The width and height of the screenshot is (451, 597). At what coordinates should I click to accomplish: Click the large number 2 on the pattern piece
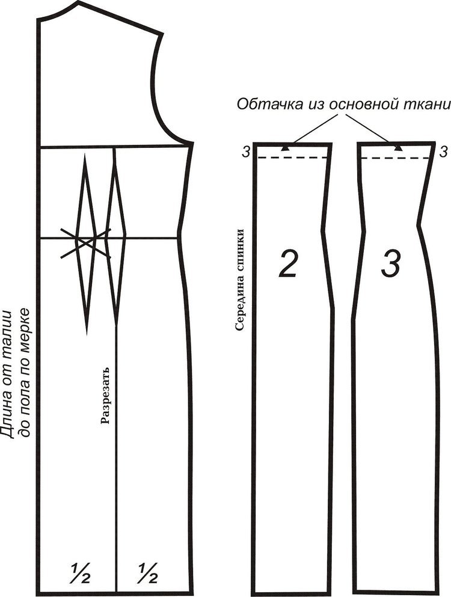point(287,263)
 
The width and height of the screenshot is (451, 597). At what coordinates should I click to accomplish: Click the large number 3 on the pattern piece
point(391,263)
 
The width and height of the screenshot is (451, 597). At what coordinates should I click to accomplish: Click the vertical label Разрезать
point(105,395)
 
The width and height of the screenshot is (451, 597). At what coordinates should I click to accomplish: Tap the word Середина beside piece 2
point(239,301)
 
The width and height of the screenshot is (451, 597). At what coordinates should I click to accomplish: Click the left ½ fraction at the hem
point(81,574)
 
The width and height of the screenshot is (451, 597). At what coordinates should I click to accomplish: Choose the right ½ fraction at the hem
point(148,574)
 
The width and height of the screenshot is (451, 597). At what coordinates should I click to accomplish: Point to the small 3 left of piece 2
point(246,153)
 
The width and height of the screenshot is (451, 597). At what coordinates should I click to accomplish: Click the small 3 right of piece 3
point(443,152)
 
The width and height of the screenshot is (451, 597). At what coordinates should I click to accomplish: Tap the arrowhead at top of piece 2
point(284,148)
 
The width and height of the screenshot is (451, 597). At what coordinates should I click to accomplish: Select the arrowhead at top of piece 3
point(398,148)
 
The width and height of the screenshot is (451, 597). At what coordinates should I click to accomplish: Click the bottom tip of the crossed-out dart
point(87,334)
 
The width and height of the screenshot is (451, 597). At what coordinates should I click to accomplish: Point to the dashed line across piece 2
point(292,158)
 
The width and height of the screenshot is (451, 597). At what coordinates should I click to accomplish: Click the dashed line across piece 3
point(396,158)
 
